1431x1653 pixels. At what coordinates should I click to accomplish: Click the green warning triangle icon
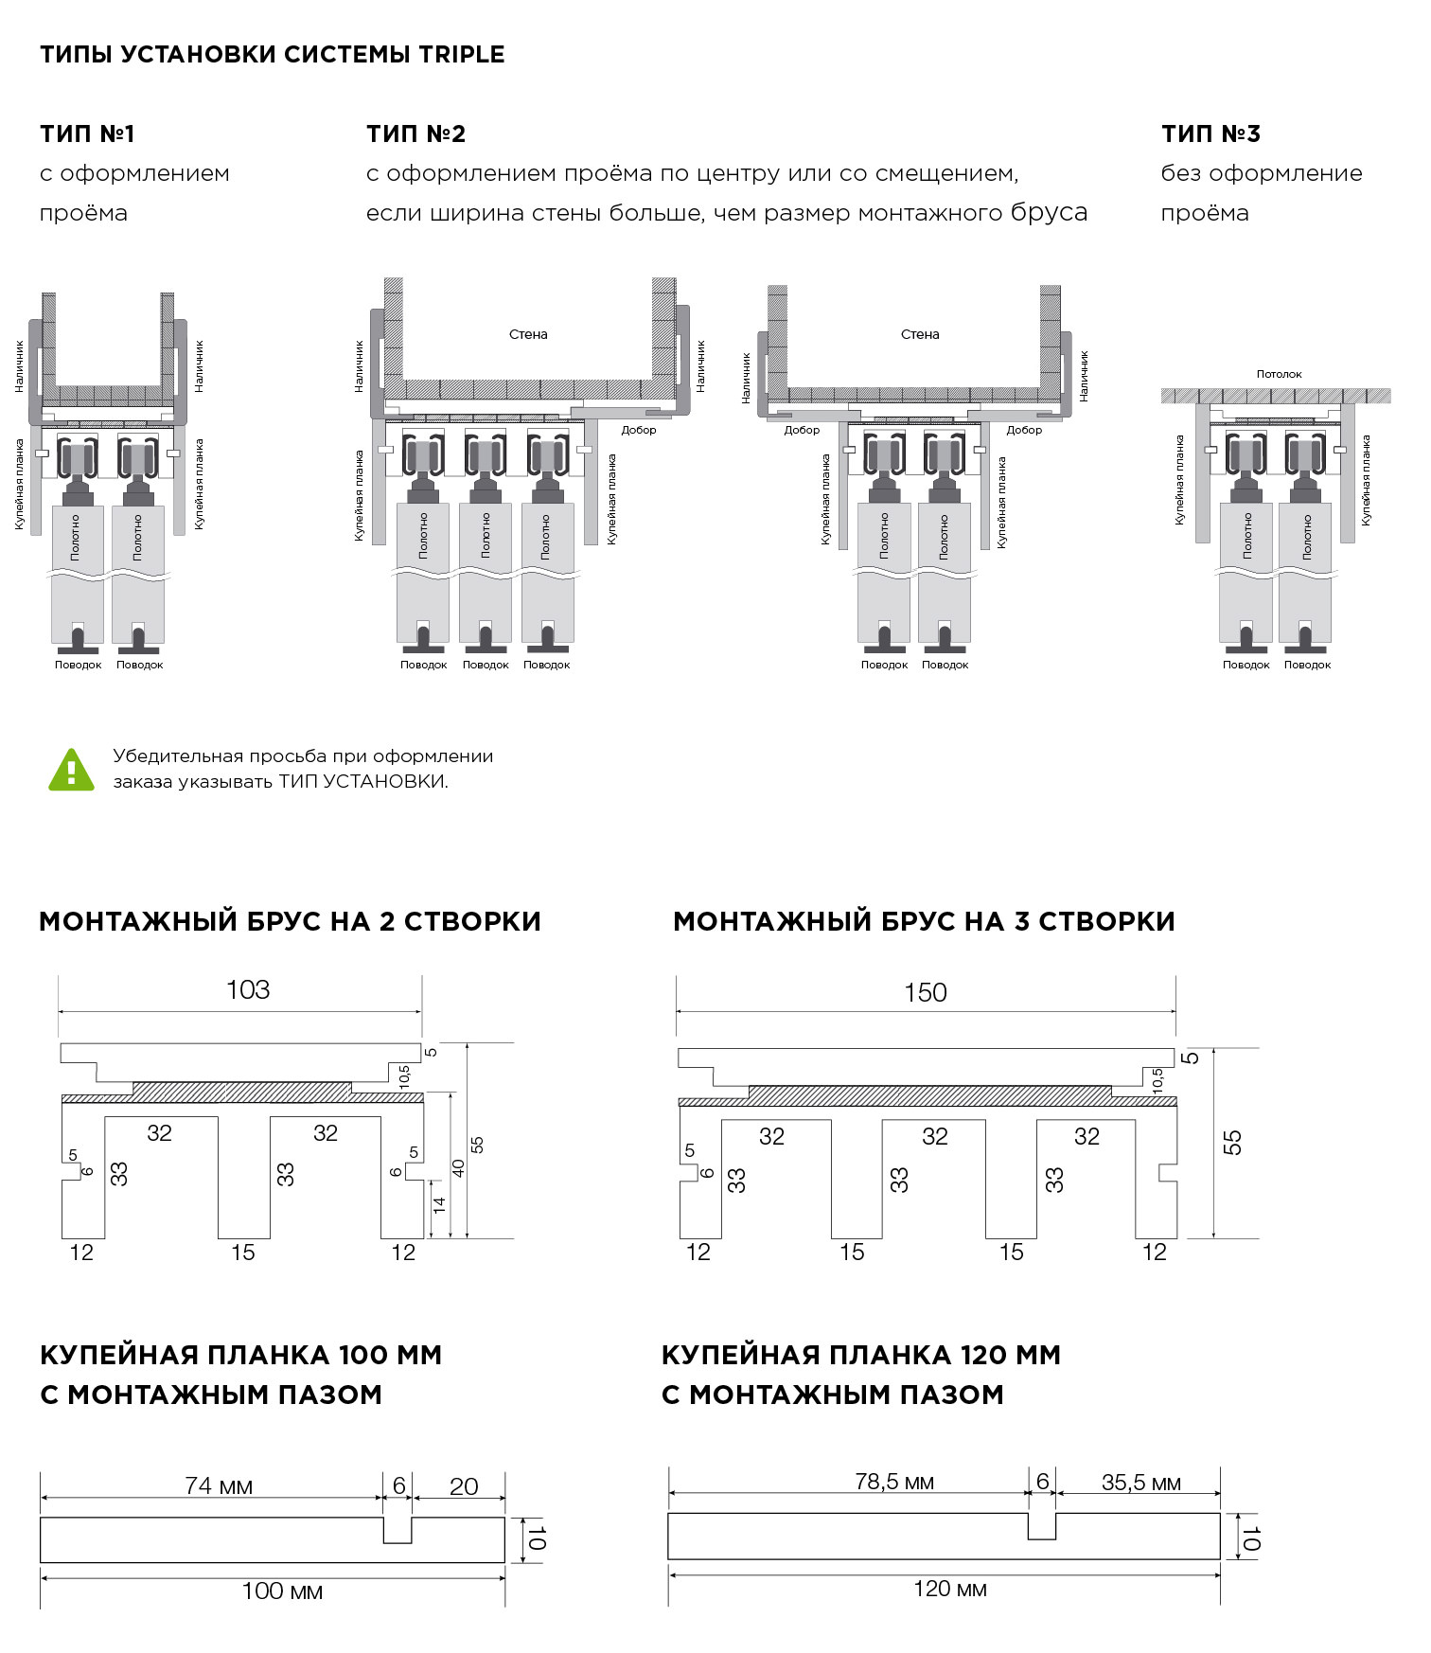tap(71, 769)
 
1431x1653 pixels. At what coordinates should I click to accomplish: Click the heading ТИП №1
tap(87, 134)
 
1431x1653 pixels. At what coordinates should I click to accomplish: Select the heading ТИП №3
tap(1210, 134)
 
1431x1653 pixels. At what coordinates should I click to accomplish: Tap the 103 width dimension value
tap(248, 990)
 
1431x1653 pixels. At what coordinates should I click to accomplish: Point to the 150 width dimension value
tap(925, 992)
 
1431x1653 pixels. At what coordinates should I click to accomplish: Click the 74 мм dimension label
tap(219, 1485)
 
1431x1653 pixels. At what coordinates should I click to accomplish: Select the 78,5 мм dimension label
tap(893, 1482)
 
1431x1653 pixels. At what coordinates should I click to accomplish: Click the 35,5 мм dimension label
tap(1140, 1483)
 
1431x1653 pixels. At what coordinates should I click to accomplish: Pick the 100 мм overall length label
tap(282, 1591)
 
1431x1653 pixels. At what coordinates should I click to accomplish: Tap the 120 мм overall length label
tap(949, 1589)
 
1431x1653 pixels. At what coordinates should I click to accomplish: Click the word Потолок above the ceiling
tap(1279, 374)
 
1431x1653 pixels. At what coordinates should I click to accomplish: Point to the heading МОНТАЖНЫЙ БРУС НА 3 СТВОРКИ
tap(924, 921)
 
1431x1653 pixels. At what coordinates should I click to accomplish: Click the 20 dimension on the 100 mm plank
tap(463, 1486)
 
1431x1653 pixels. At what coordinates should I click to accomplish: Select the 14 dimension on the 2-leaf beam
tap(438, 1206)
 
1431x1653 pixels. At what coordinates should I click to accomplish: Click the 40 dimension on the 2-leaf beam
tap(458, 1167)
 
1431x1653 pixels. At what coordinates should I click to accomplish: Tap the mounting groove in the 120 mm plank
tap(1042, 1525)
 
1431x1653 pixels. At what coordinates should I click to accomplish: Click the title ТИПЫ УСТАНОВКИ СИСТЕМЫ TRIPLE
tap(272, 55)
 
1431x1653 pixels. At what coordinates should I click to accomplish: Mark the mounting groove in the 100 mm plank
tap(397, 1529)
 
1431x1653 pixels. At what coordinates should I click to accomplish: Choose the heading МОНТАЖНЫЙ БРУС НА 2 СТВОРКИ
tap(290, 921)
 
